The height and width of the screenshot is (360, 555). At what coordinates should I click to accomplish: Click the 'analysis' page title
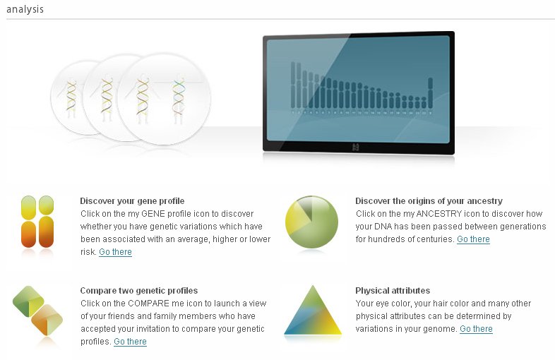25,9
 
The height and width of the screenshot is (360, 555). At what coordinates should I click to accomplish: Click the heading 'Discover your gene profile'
132,201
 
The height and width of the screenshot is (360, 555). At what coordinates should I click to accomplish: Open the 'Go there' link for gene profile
115,252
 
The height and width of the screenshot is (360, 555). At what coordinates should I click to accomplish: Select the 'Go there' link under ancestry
473,239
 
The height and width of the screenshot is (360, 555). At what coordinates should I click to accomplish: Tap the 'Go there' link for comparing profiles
130,341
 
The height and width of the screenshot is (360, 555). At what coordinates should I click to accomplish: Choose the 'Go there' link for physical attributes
476,328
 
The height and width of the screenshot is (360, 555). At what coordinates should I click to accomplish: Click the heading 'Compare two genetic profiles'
138,291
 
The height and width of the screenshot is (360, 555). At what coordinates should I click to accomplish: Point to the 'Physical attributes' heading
393,291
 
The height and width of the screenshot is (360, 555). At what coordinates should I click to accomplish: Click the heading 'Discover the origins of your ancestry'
429,201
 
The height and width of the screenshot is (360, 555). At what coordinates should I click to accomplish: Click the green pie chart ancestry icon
311,222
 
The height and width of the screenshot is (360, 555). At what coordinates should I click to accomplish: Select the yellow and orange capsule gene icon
37,222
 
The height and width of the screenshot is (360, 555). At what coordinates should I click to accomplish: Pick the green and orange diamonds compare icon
37,311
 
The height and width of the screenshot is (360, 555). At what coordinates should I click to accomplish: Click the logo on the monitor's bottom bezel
356,148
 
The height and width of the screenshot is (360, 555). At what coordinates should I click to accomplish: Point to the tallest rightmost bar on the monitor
431,92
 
